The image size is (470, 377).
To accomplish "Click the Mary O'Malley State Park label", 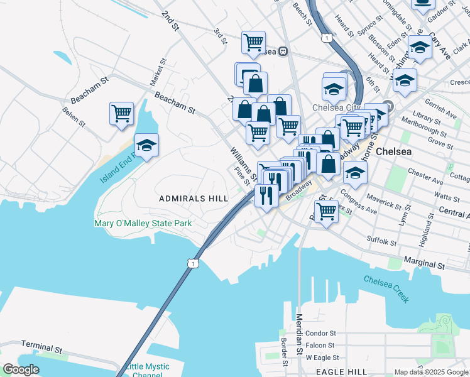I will click(143, 223).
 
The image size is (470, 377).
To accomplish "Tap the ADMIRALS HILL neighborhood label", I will click(193, 199).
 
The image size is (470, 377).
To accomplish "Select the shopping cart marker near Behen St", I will click(122, 114).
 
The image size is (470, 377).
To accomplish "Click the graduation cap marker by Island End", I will click(146, 146).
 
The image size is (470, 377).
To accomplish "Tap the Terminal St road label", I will click(41, 347).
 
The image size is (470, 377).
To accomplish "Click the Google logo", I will click(21, 369).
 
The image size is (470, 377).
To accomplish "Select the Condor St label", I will click(321, 334).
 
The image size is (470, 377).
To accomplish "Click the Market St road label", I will click(157, 74).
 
